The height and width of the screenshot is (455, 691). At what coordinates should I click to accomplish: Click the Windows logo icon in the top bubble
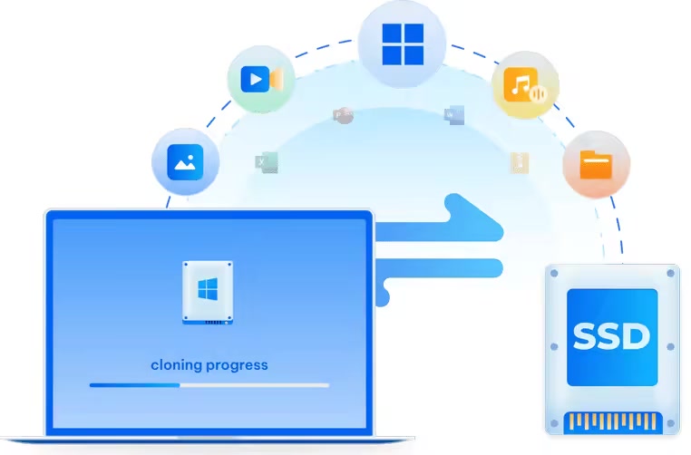point(402,44)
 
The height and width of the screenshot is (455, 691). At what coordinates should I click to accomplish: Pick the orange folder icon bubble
point(596,165)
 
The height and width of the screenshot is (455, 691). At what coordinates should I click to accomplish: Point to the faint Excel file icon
point(266,163)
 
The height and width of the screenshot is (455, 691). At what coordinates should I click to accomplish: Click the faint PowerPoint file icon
point(343,115)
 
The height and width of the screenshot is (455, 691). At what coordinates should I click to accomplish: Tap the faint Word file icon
point(454,115)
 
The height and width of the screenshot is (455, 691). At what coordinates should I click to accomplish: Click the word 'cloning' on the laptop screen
point(179,365)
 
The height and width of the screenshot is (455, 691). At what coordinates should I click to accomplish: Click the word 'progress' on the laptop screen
point(238,365)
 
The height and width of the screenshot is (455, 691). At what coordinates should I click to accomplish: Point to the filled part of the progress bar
point(134,385)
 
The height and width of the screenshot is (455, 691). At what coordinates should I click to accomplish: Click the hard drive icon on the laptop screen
point(209,293)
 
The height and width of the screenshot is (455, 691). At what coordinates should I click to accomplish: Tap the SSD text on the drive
point(611,337)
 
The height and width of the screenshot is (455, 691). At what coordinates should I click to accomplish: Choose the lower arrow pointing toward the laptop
point(435,266)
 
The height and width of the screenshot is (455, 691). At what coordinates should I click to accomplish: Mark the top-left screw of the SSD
point(554,274)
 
